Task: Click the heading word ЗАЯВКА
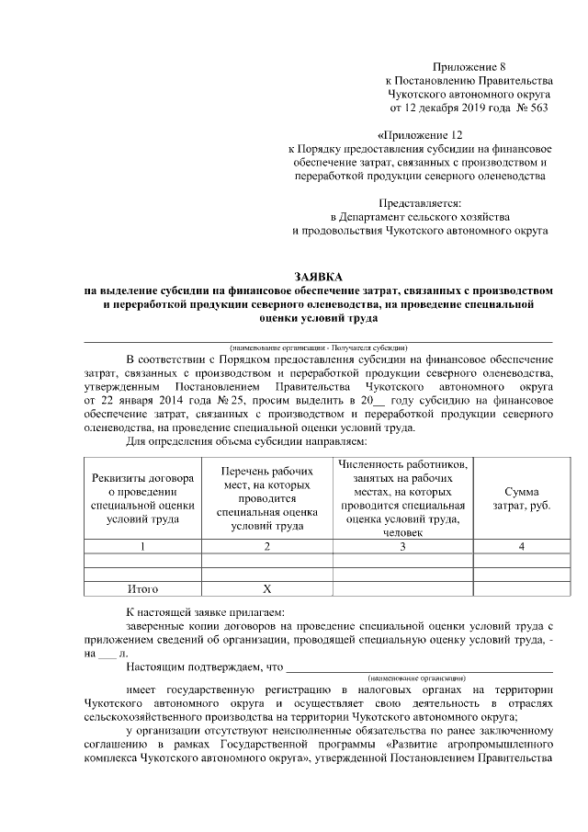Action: (x=317, y=276)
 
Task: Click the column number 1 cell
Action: (x=142, y=547)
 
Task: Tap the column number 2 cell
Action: (x=267, y=547)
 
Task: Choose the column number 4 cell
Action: (x=521, y=547)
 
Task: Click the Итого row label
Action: (x=142, y=589)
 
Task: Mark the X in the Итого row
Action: (x=267, y=589)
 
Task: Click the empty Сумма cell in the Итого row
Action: (x=521, y=589)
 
